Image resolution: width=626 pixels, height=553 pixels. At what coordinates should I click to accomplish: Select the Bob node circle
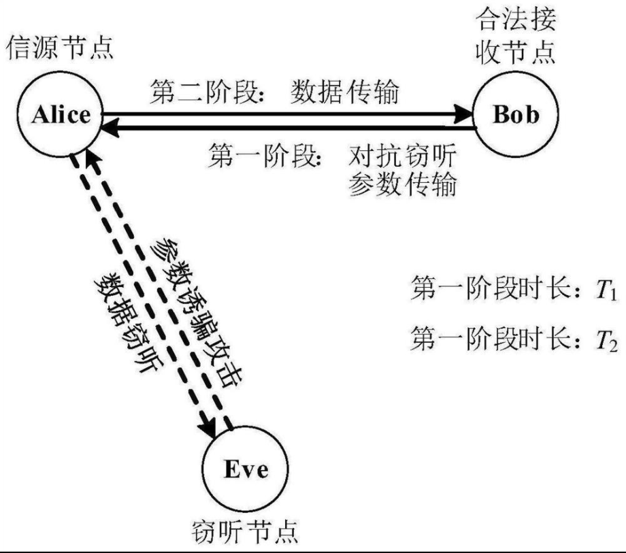pyautogui.click(x=515, y=114)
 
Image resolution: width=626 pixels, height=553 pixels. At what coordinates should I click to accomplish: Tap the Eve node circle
pyautogui.click(x=246, y=469)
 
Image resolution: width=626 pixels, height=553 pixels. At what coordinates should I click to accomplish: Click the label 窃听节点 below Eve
pyautogui.click(x=246, y=529)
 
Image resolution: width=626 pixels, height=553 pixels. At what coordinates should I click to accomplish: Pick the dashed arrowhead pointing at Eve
pyautogui.click(x=206, y=429)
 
